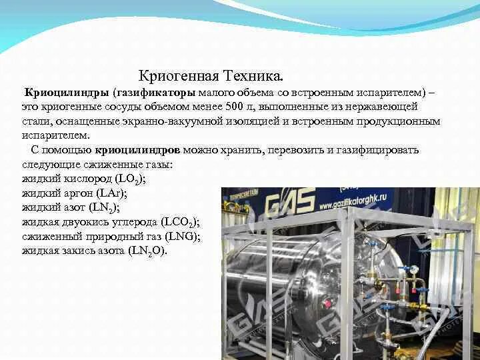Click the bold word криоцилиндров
(x=137, y=150)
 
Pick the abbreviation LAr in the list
(x=111, y=193)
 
